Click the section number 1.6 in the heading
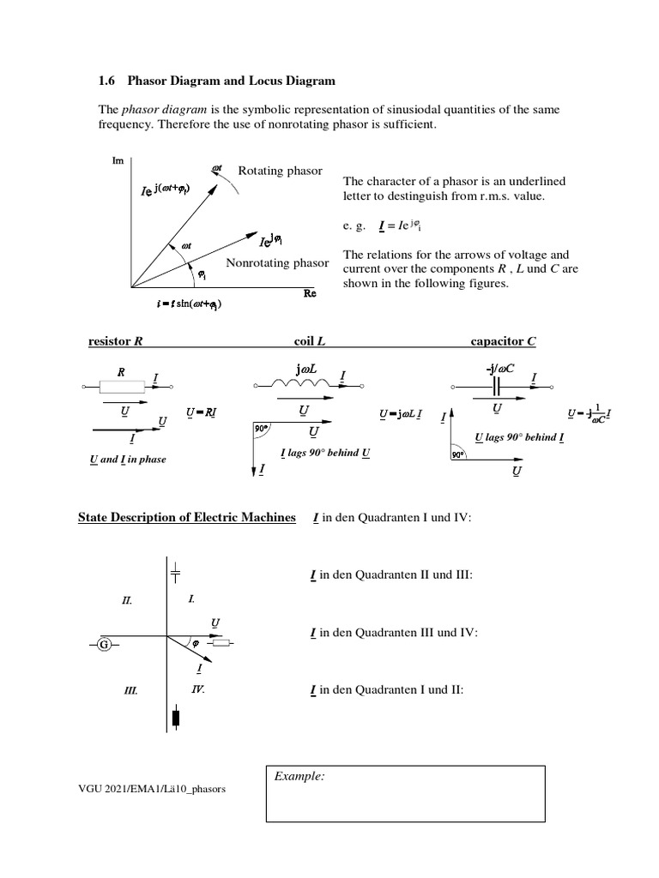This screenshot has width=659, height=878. click(109, 81)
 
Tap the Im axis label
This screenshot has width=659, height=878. click(118, 160)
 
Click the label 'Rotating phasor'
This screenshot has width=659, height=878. click(280, 171)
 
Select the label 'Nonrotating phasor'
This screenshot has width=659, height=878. click(277, 262)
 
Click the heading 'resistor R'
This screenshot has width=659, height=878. click(115, 341)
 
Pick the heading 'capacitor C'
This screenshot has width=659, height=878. click(503, 341)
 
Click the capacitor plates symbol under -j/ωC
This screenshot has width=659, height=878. click(496, 386)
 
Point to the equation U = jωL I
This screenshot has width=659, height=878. click(400, 414)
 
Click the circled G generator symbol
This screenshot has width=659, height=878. click(103, 643)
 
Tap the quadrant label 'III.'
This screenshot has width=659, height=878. click(130, 689)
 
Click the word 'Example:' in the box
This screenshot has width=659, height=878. click(299, 777)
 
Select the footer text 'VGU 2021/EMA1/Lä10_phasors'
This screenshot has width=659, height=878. click(152, 789)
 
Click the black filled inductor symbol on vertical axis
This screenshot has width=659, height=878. click(176, 718)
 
